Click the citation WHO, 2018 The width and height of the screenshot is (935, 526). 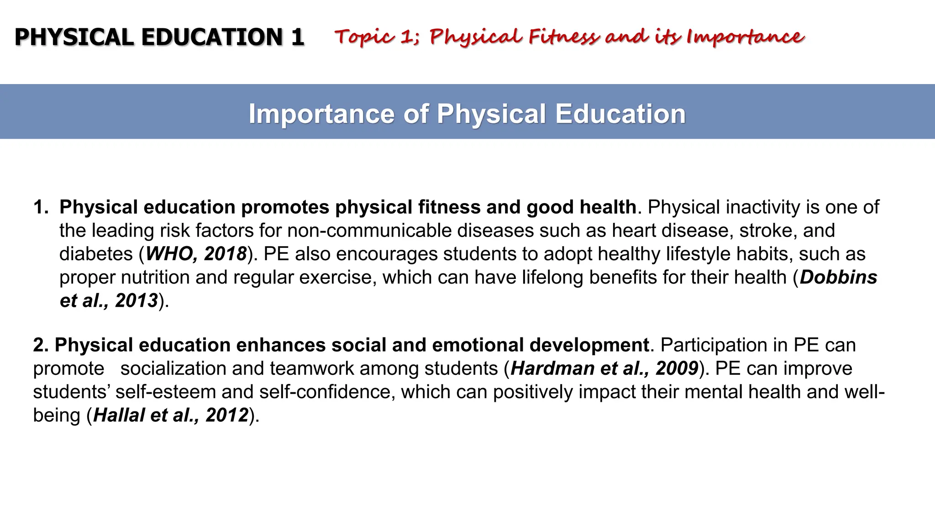point(196,254)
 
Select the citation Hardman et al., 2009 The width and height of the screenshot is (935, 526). point(604,368)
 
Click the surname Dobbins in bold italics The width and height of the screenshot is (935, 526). point(838,277)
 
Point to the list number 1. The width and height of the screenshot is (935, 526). point(41,207)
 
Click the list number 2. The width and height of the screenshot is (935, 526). point(40,345)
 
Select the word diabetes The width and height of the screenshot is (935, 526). point(96,254)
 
